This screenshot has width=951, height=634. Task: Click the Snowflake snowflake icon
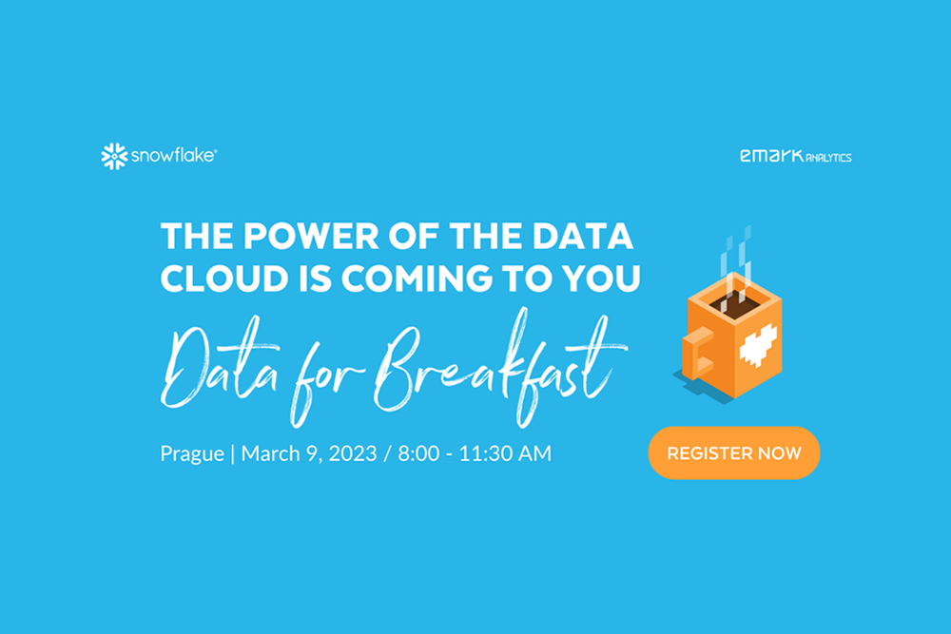pyautogui.click(x=114, y=157)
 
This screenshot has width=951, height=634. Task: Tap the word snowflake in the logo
pyautogui.click(x=173, y=156)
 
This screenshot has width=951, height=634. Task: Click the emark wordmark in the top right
pyautogui.click(x=771, y=156)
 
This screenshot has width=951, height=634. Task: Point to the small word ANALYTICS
pyautogui.click(x=828, y=158)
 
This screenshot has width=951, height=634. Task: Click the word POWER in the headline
pyautogui.click(x=311, y=236)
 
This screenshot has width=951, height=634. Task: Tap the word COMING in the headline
pyautogui.click(x=417, y=279)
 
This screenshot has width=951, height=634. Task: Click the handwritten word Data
pyautogui.click(x=220, y=364)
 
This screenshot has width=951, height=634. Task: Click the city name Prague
pyautogui.click(x=192, y=454)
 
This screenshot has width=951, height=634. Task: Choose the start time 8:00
pyautogui.click(x=418, y=453)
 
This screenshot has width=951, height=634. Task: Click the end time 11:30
pyautogui.click(x=483, y=453)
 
